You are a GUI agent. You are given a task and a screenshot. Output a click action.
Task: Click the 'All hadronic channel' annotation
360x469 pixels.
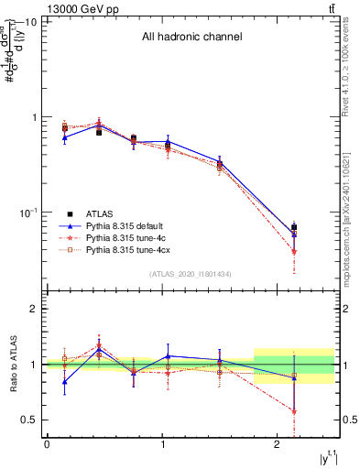191,38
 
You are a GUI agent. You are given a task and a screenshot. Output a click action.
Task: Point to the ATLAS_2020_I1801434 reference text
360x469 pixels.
191,274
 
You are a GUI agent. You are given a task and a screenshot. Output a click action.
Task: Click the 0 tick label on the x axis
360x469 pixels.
47,444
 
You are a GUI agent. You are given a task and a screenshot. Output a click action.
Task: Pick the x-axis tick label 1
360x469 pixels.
162,444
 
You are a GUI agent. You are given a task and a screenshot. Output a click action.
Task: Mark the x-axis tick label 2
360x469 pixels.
278,444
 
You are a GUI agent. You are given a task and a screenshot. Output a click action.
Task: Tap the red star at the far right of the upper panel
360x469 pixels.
294,252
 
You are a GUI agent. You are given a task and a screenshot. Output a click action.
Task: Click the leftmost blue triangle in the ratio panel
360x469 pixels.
64,382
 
